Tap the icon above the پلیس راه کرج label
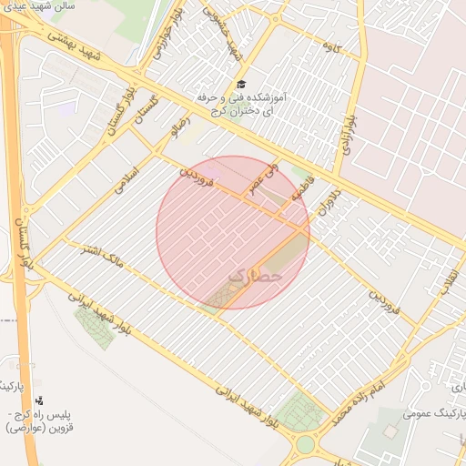39,400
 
